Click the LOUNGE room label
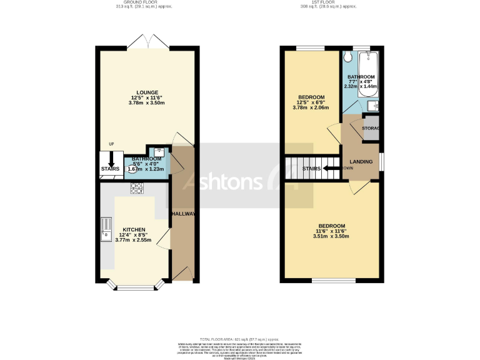click(144, 92)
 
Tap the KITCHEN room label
click(134, 229)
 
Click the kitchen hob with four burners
click(136, 187)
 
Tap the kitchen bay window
click(134, 287)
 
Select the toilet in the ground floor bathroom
click(159, 152)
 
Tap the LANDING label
click(361, 162)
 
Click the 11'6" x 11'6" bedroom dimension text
click(332, 231)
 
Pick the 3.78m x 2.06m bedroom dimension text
click(311, 108)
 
